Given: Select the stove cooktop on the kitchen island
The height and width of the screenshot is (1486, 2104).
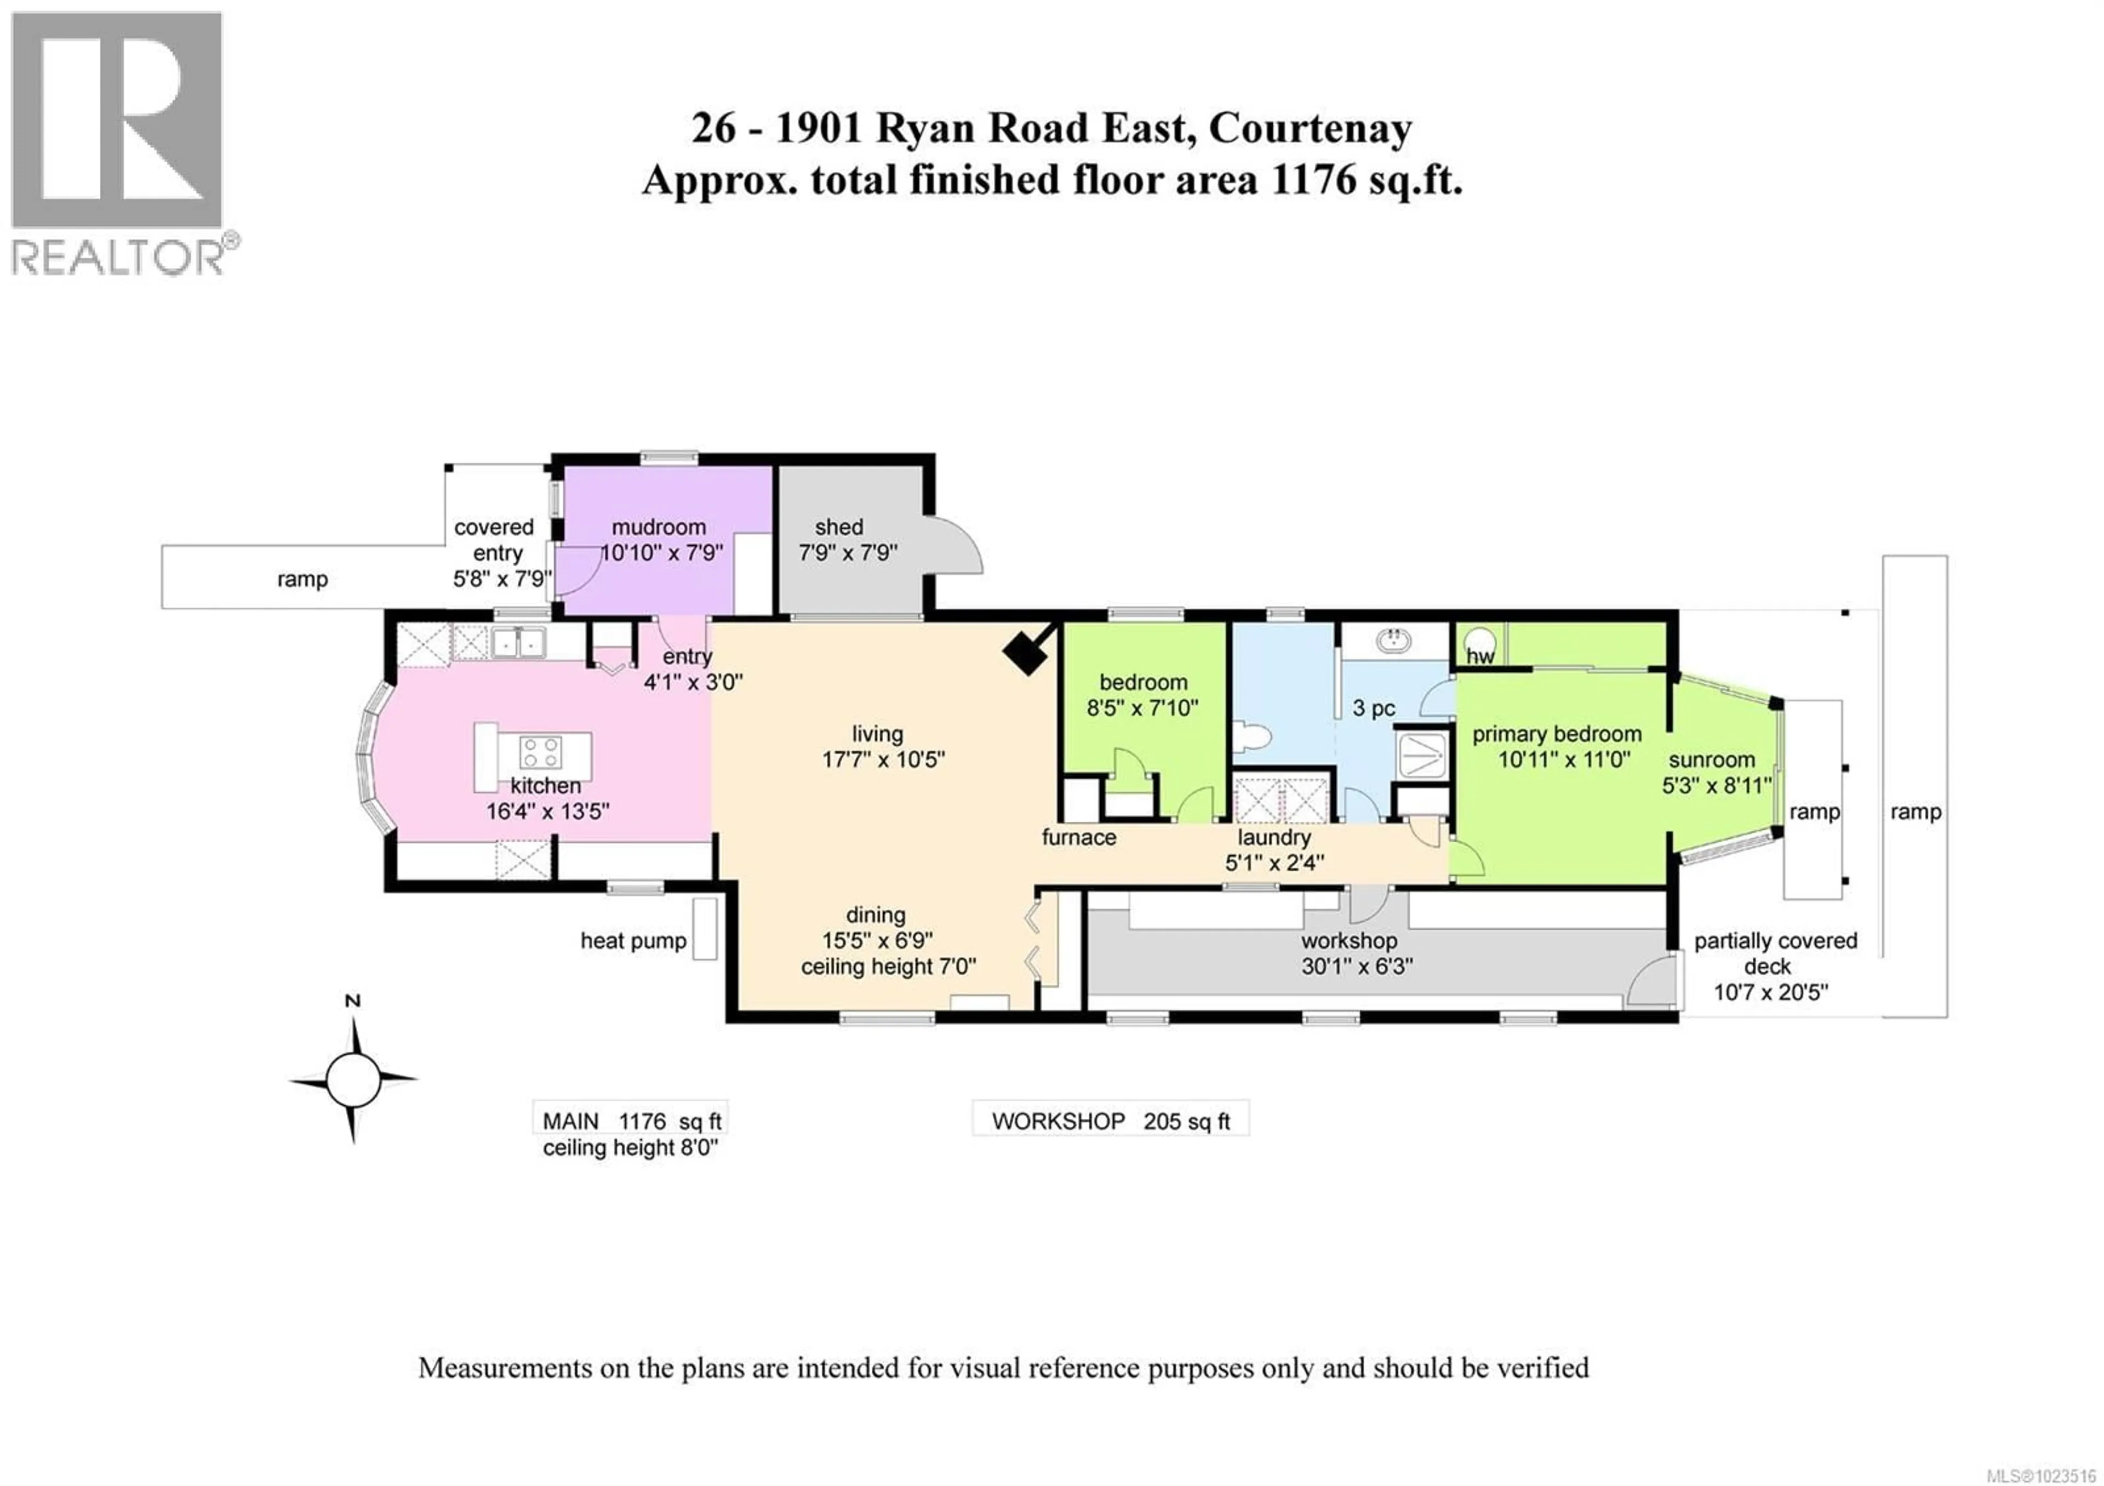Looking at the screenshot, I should (540, 753).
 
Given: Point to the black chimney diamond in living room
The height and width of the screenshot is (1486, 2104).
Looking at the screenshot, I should (1026, 652).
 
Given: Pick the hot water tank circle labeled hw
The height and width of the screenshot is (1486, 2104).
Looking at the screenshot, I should (1477, 641).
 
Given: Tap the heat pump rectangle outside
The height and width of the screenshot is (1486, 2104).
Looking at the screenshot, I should (704, 928).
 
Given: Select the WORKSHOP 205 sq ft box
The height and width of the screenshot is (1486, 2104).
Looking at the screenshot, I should (1110, 1121).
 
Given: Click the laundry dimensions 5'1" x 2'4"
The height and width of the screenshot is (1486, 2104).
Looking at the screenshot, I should (1274, 863).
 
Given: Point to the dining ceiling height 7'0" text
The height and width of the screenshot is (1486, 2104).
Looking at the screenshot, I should (888, 967).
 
